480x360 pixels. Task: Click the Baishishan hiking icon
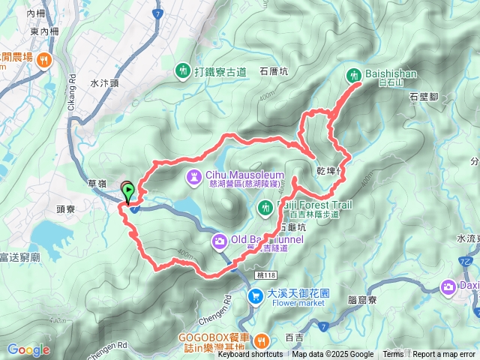[354, 74]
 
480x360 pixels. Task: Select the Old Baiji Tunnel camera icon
[220, 240]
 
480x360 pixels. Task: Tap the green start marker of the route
[128, 192]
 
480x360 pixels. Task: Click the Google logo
[28, 349]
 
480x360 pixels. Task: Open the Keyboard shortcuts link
[250, 355]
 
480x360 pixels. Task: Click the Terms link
[393, 355]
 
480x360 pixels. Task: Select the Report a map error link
[443, 355]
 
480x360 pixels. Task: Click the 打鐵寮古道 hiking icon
[183, 71]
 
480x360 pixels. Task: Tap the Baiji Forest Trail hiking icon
[264, 206]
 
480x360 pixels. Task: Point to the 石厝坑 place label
[274, 72]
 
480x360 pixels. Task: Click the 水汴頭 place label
[103, 84]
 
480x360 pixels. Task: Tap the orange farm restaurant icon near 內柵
[45, 59]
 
